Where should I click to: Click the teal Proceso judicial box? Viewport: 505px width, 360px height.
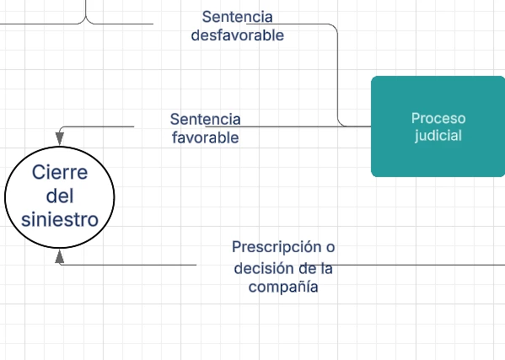coord(438,126)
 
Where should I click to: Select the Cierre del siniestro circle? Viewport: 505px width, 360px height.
coord(60,197)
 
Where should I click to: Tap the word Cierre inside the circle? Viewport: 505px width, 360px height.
coord(60,172)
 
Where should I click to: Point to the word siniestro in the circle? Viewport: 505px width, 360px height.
coord(60,219)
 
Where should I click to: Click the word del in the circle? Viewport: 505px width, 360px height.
coord(60,196)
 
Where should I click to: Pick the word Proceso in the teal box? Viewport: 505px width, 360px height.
coord(438,119)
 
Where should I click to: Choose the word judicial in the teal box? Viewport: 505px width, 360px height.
coord(438,135)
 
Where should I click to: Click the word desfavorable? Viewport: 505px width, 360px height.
coord(238,35)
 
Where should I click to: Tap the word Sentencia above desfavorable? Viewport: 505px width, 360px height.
coord(238,17)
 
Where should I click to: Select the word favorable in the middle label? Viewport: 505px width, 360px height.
coord(206,137)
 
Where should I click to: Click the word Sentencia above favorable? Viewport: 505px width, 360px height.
coord(206,119)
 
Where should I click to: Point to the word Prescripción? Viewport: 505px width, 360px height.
coord(277,247)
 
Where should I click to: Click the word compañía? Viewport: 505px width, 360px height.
coord(283,287)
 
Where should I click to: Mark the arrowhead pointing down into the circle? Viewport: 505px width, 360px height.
coord(60,139)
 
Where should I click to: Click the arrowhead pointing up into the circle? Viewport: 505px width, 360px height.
coord(60,257)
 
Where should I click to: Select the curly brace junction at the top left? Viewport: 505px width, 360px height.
coord(86,19)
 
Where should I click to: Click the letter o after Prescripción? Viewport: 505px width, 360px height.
coord(330,247)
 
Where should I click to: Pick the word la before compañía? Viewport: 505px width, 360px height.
coord(326,268)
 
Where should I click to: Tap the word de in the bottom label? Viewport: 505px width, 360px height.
coord(308,268)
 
